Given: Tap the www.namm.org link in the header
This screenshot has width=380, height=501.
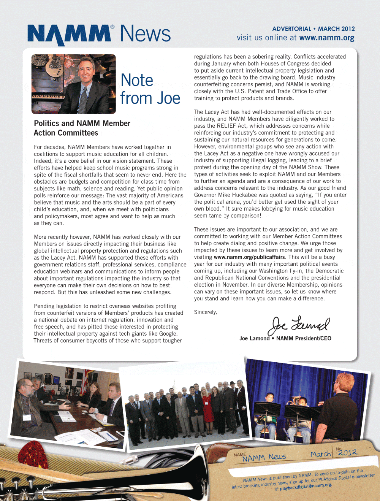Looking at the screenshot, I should pyautogui.click(x=327, y=38).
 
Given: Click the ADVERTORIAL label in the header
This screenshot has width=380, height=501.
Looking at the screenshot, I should pyautogui.click(x=291, y=29).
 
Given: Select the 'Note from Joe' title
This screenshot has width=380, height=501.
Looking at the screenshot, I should pyautogui.click(x=150, y=89).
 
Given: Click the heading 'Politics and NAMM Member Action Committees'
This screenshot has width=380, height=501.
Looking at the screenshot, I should pyautogui.click(x=82, y=128).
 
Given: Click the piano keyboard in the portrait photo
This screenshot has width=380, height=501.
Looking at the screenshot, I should pyautogui.click(x=47, y=97).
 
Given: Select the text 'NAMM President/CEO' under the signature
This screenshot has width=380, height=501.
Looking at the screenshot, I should pyautogui.click(x=304, y=338).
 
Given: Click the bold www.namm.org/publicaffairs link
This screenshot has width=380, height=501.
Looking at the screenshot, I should pyautogui.click(x=249, y=257).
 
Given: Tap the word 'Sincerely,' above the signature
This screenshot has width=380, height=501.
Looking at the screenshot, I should pyautogui.click(x=206, y=312).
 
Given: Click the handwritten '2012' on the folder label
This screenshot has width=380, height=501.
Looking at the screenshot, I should pyautogui.click(x=348, y=452).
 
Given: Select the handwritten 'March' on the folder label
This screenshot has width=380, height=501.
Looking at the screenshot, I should pyautogui.click(x=320, y=454).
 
